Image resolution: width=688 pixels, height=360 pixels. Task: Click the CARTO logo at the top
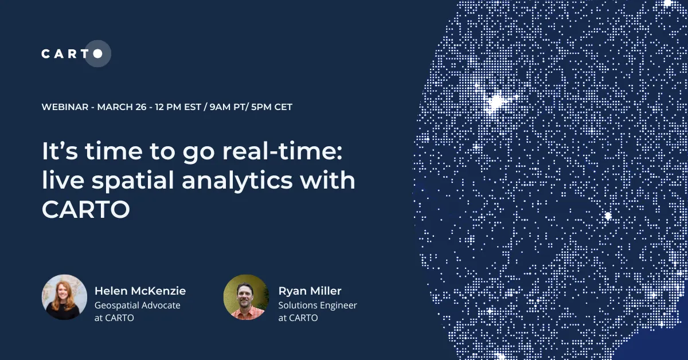72,54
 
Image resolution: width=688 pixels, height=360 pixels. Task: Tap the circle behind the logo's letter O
98,54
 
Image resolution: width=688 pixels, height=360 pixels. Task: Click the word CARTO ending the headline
86,210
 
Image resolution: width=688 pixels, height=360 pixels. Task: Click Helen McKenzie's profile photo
64,297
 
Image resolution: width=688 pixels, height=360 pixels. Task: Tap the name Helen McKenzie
140,291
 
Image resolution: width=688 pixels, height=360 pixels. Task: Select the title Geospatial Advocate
137,305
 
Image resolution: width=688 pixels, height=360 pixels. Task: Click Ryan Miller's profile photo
246,297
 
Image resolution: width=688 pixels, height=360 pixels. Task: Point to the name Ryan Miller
310,291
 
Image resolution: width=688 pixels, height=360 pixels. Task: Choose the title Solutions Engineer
318,305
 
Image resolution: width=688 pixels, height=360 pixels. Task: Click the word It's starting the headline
60,152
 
